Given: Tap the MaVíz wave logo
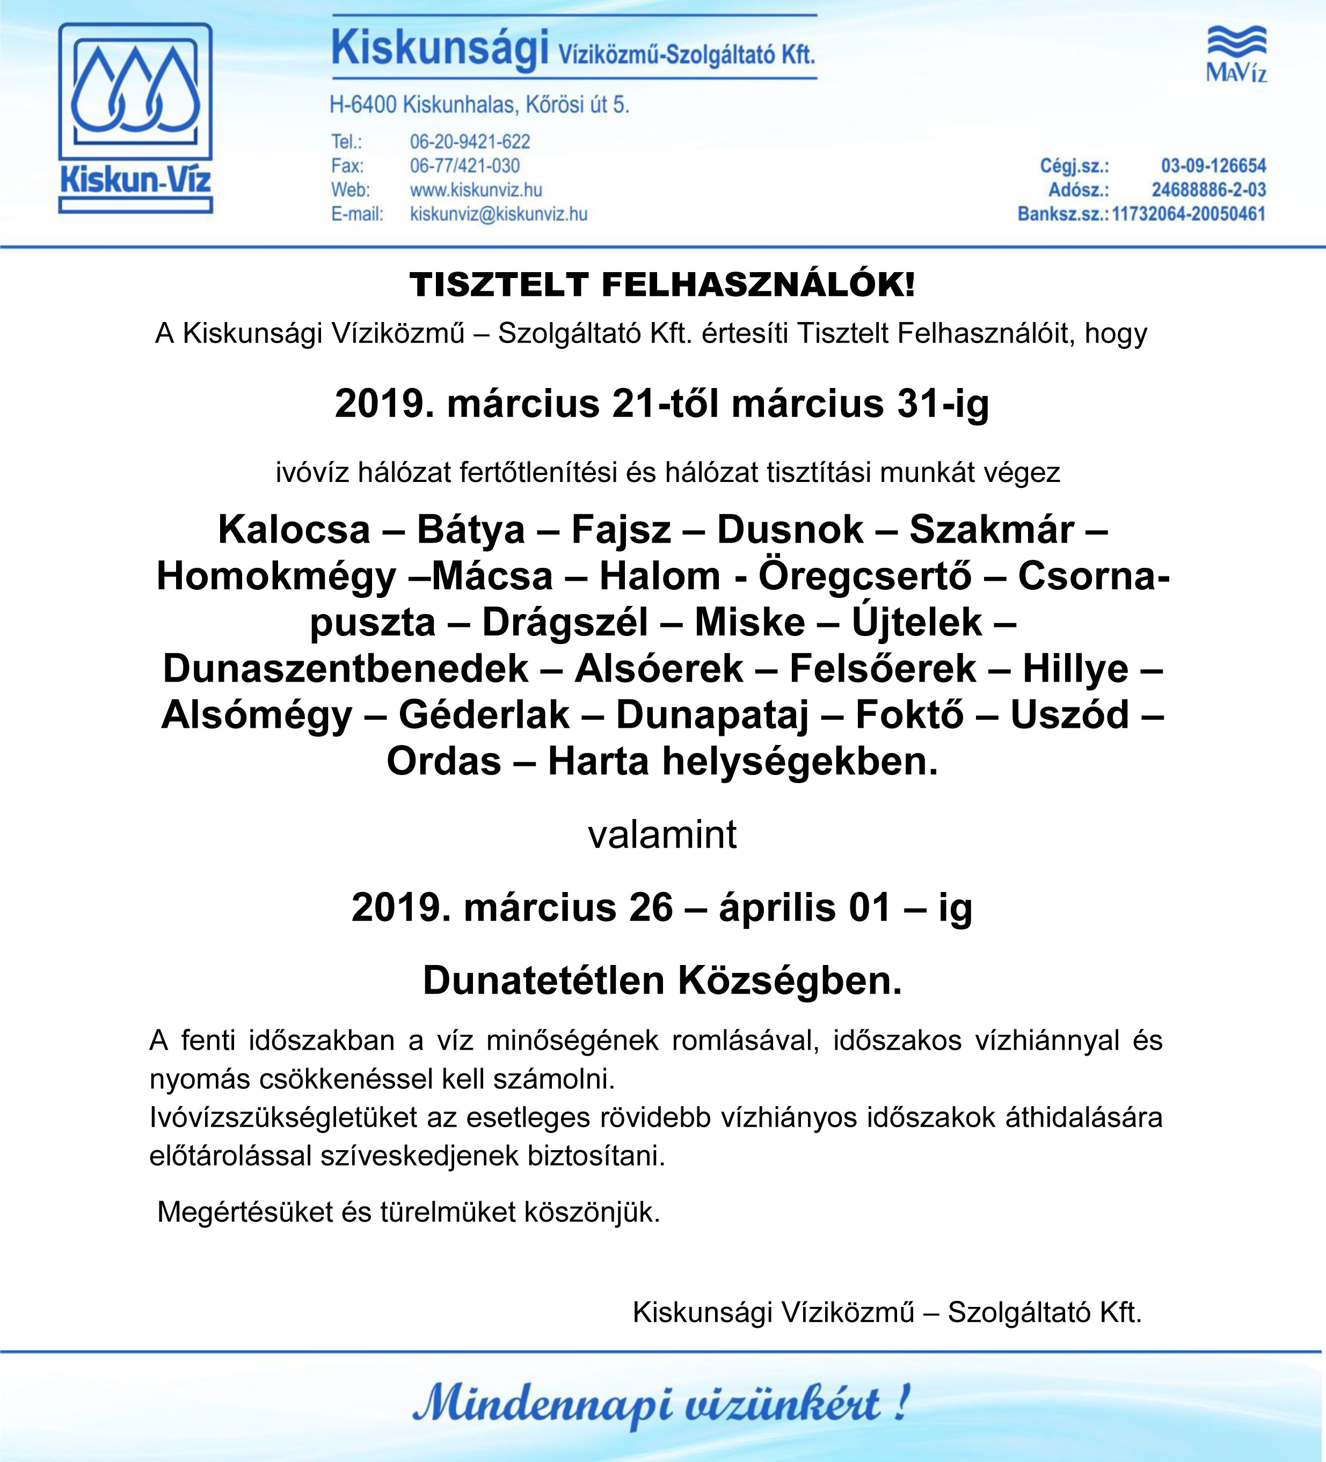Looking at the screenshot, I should pyautogui.click(x=1236, y=54).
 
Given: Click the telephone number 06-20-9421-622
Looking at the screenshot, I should pyautogui.click(x=470, y=141).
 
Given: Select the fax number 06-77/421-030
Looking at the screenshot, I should pyautogui.click(x=465, y=166).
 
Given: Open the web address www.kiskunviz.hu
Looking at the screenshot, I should pyautogui.click(x=476, y=190).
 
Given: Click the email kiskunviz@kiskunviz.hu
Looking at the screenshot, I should pyautogui.click(x=498, y=214).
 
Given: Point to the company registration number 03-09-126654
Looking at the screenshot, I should pyautogui.click(x=1213, y=166).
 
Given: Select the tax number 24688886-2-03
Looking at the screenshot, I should pyautogui.click(x=1208, y=190).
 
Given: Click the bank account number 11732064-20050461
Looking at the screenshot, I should pyautogui.click(x=1188, y=214).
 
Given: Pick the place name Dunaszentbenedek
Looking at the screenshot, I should pyautogui.click(x=345, y=669).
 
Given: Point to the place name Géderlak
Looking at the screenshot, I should pyautogui.click(x=484, y=715).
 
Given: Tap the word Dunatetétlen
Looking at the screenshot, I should pyautogui.click(x=543, y=981).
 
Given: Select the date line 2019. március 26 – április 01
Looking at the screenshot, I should pyautogui.click(x=661, y=907).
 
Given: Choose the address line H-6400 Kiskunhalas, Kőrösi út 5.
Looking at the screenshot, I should pyautogui.click(x=479, y=105).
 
